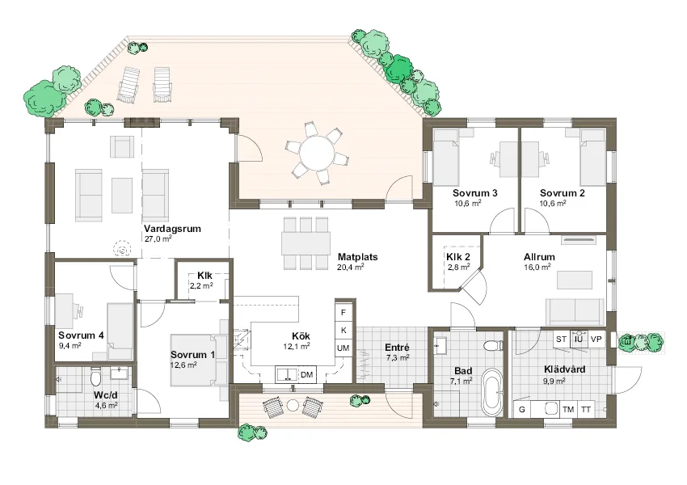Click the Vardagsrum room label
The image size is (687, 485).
172,229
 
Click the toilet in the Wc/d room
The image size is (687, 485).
95,375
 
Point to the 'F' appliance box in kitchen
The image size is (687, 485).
343,312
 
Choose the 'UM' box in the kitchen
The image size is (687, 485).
343,348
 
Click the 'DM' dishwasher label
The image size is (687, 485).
306,374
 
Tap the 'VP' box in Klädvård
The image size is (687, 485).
596,339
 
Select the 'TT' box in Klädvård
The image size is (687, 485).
586,409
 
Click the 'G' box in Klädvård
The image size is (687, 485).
522,409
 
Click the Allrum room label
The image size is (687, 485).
539,256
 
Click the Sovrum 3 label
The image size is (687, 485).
474,193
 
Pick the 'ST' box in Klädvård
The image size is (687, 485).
561,339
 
